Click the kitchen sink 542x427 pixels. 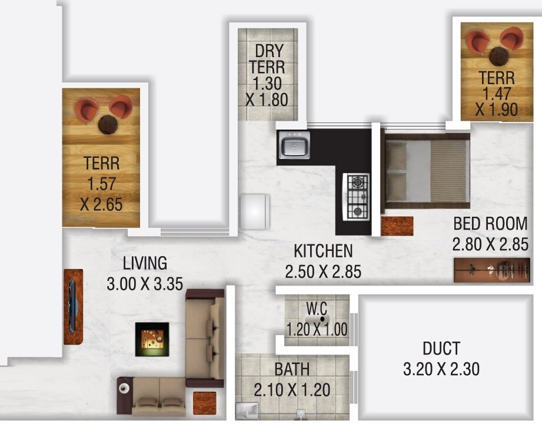294,145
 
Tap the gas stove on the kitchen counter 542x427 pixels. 357,197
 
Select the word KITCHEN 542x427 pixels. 323,251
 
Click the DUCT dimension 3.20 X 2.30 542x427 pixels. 441,369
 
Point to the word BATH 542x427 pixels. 292,370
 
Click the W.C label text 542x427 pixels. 316,308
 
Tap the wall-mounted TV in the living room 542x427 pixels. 72,306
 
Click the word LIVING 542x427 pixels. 145,263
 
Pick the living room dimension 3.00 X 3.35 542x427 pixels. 145,284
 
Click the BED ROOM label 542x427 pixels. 490,224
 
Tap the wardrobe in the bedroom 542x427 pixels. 491,270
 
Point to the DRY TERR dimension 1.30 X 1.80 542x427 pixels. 267,91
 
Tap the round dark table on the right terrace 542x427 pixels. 500,56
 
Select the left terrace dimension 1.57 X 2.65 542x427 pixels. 101,194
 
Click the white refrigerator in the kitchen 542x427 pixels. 255,211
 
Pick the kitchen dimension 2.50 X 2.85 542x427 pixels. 323,272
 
